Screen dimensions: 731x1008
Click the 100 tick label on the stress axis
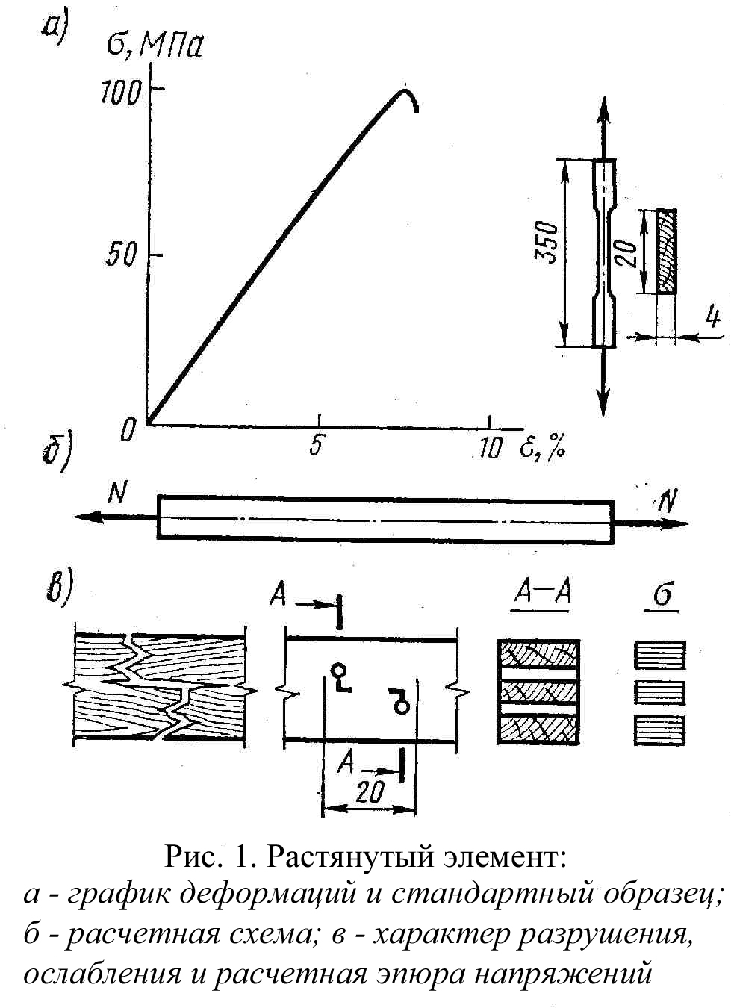coord(119,93)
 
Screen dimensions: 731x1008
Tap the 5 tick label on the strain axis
coord(317,447)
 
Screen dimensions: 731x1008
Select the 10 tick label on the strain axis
coord(489,448)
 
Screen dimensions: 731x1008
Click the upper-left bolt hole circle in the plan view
coord(340,671)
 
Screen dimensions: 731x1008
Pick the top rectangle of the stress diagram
coord(660,655)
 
